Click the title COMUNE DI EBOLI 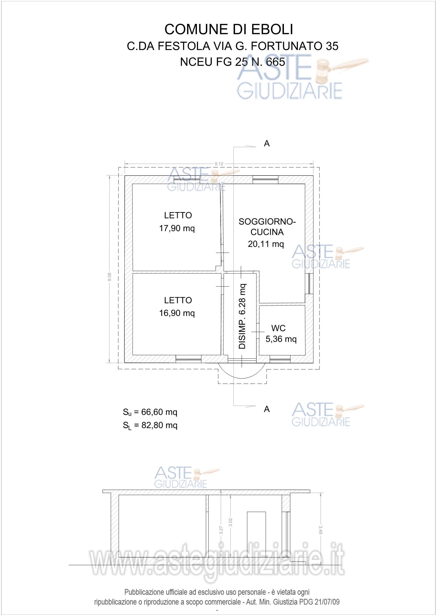pos(229,30)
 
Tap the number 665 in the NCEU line pos(275,62)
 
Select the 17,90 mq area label pos(177,228)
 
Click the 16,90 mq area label pos(177,313)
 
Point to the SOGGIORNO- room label pos(267,222)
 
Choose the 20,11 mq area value pos(266,244)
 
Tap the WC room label pos(278,328)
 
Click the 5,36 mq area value pos(281,339)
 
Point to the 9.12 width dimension pos(219,163)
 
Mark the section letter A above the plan pos(267,144)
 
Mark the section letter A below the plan pos(267,409)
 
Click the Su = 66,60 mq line pos(150,412)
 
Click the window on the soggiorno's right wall pos(309,283)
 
